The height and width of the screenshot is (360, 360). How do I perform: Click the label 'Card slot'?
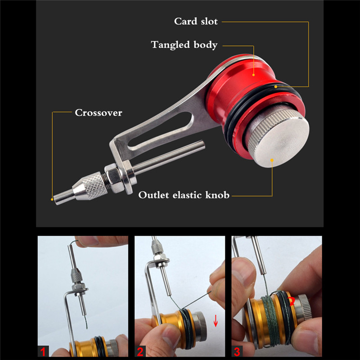pyautogui.click(x=196, y=21)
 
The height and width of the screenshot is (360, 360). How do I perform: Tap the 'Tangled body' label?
pyautogui.click(x=184, y=45)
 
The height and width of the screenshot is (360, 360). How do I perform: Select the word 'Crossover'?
pyautogui.click(x=98, y=112)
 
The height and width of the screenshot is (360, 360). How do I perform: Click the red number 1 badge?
pyautogui.click(x=44, y=350)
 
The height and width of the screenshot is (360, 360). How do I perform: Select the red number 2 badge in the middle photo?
pyautogui.click(x=141, y=350)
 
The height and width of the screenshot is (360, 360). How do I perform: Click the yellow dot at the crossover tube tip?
pyautogui.click(x=52, y=198)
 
